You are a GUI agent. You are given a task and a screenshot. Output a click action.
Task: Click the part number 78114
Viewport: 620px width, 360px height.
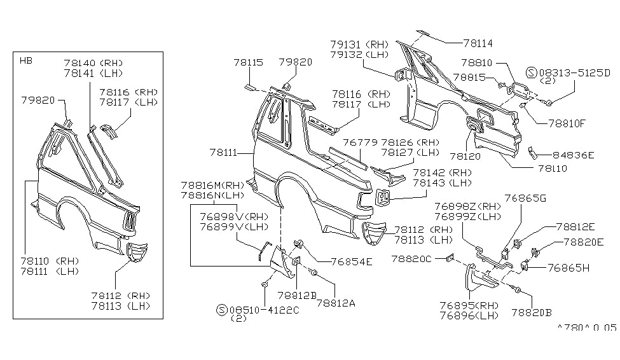pyautogui.click(x=478, y=43)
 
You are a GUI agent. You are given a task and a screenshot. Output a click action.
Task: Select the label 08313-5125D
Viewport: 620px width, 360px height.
pyautogui.click(x=575, y=73)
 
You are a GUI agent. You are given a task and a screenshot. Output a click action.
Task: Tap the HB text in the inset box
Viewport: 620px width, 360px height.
pyautogui.click(x=26, y=60)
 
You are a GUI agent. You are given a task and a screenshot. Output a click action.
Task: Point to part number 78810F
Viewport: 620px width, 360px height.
pyautogui.click(x=567, y=123)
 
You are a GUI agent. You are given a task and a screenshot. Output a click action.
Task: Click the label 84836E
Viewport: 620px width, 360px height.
pyautogui.click(x=573, y=155)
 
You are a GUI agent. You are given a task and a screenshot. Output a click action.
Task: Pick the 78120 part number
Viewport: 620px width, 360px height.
pyautogui.click(x=465, y=156)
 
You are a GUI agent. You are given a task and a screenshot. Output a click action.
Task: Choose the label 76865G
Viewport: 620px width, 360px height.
pyautogui.click(x=525, y=198)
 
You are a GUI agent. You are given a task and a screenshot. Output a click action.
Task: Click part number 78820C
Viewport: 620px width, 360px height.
pyautogui.click(x=411, y=259)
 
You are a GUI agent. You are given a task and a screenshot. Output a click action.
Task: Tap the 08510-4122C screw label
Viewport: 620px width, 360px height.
pyautogui.click(x=264, y=310)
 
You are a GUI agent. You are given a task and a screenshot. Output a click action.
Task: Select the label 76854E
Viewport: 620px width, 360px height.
pyautogui.click(x=352, y=262)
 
